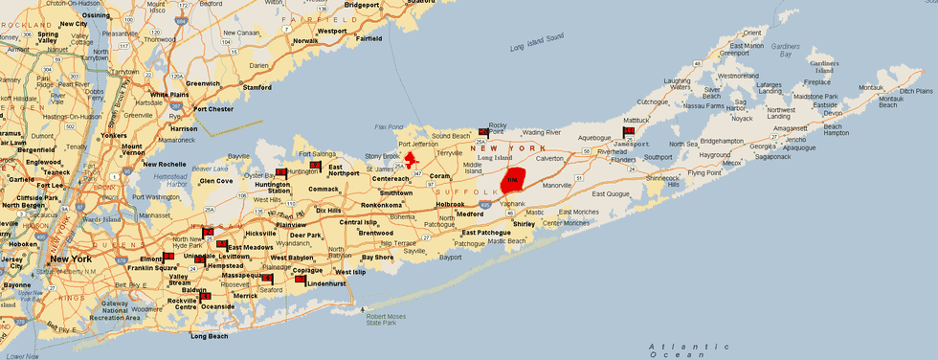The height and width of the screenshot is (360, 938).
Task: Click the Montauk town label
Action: coord(871,87)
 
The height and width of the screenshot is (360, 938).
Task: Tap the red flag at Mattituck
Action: coord(629,131)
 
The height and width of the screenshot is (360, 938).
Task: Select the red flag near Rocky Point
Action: coord(483,132)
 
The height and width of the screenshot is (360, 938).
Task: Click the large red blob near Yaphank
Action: coord(515,180)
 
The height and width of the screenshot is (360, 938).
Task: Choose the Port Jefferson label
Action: coord(418,145)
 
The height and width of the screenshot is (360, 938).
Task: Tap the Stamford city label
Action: coord(257,87)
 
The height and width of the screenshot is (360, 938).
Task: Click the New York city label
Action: coord(71,259)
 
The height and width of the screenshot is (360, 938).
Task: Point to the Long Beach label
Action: coord(210,336)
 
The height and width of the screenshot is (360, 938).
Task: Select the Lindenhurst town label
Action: coord(326,283)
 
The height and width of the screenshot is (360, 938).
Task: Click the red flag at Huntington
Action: coord(280,172)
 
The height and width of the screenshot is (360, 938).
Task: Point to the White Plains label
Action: coord(168,95)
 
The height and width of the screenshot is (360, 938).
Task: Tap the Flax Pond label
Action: coord(386,125)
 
